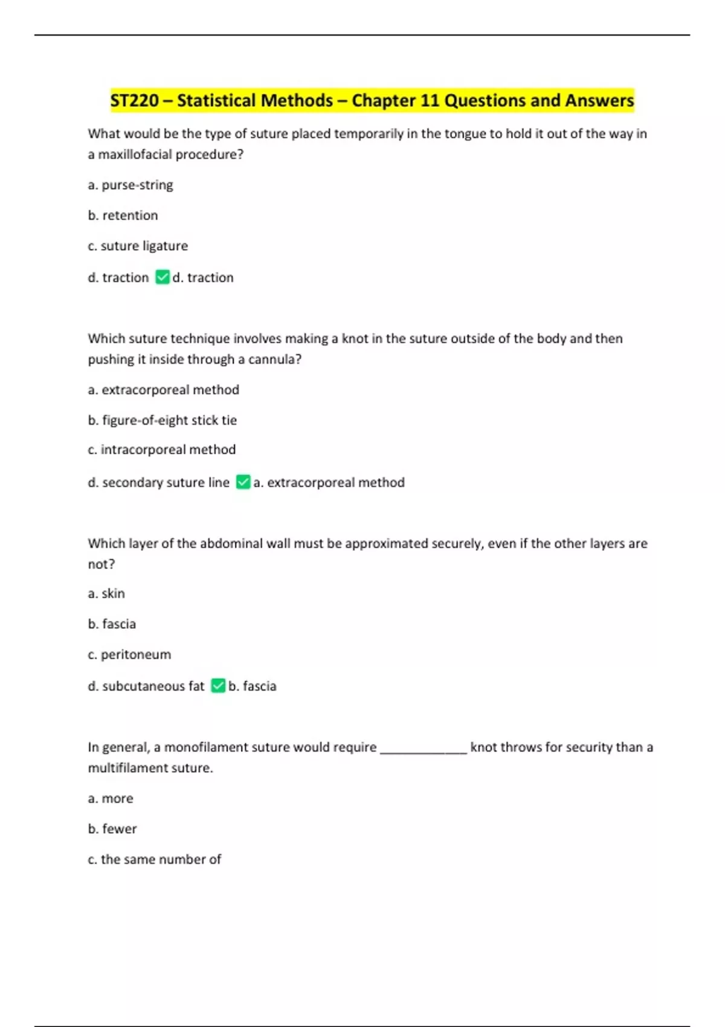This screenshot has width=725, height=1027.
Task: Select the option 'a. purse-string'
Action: (130, 185)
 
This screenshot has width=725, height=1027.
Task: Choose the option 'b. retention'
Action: (123, 216)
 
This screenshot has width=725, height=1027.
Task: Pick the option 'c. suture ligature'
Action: (138, 246)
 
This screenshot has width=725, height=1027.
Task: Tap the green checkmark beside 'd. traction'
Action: (163, 277)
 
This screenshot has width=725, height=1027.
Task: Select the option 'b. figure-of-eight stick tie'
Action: (163, 420)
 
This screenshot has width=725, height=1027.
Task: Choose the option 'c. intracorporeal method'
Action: (162, 450)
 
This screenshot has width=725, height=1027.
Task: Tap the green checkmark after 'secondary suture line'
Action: (243, 482)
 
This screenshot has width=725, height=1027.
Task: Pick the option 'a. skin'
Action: (106, 594)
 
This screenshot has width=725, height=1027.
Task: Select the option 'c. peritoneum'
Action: (129, 655)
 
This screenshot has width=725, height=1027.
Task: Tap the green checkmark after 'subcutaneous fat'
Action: (218, 686)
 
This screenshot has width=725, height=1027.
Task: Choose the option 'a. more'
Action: (111, 799)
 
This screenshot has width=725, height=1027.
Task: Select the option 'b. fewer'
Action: (112, 829)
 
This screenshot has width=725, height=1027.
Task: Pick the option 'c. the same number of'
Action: (155, 860)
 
